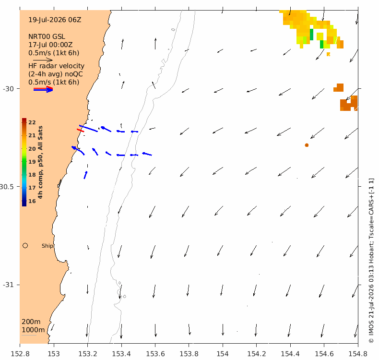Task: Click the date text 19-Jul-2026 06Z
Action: point(55,20)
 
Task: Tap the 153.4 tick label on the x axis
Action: point(121,354)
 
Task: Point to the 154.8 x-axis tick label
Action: point(358,354)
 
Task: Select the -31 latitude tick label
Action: point(8,285)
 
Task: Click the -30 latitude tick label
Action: point(8,89)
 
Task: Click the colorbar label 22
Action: point(32,122)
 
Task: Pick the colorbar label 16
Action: point(32,201)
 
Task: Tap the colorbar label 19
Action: point(32,162)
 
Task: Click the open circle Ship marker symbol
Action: point(25,246)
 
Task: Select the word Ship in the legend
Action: point(47,246)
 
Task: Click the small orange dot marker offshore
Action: point(307,145)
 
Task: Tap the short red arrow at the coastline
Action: point(81,131)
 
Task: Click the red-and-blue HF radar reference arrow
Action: point(43,89)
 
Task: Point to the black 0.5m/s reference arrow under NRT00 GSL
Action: point(43,60)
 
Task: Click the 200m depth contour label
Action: point(31,322)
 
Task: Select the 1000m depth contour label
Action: point(33,330)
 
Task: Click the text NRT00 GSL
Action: point(47,37)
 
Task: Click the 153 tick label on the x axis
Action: point(54,354)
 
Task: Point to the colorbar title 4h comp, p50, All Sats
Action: point(40,162)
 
